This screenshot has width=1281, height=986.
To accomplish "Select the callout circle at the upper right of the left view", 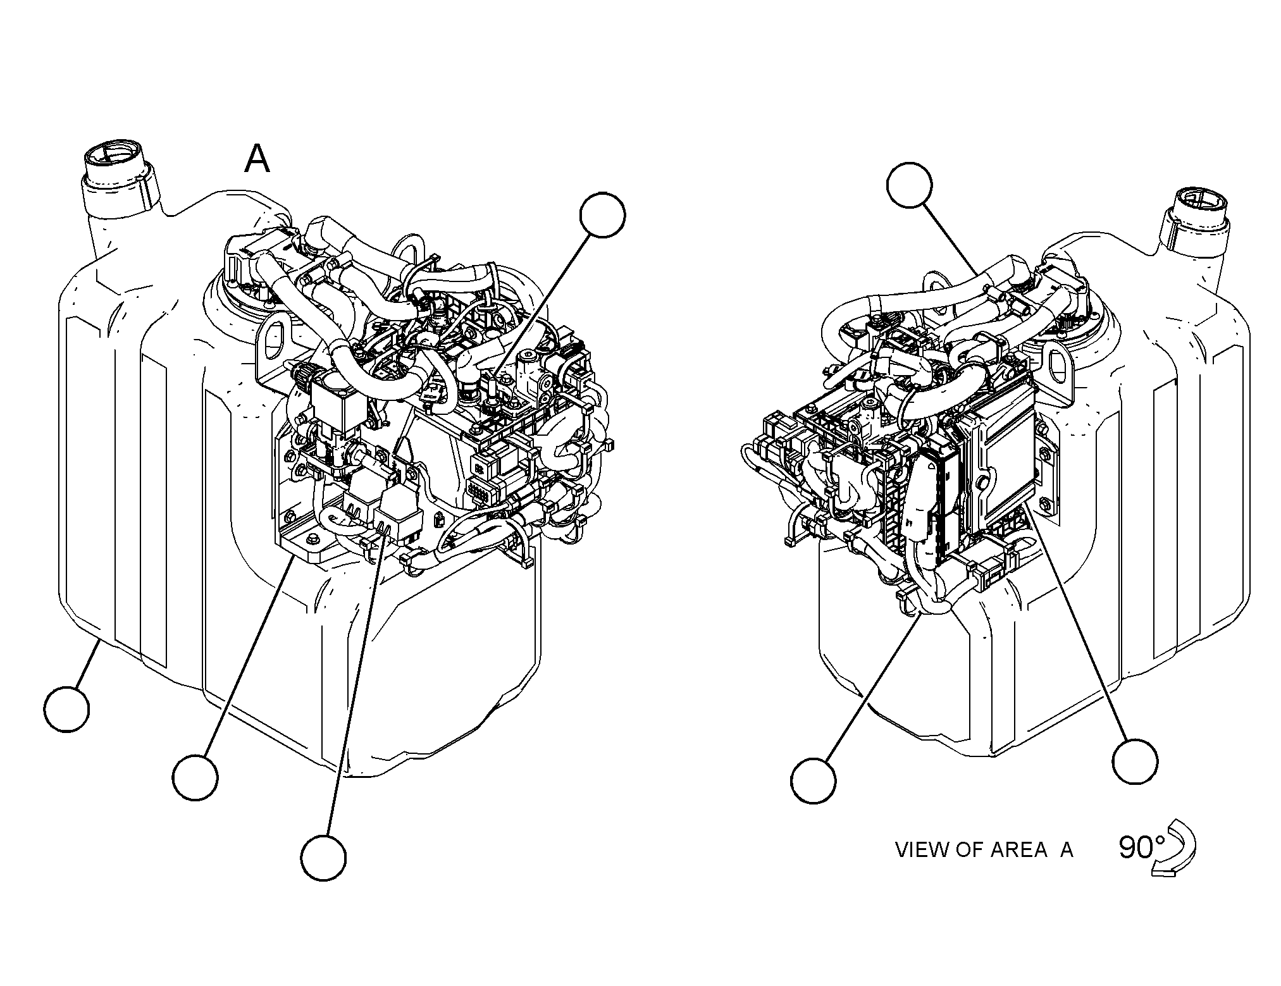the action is click(x=603, y=216).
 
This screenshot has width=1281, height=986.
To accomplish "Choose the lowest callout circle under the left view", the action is click(x=323, y=857).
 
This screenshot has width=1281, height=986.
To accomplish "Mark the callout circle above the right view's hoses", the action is click(x=910, y=185).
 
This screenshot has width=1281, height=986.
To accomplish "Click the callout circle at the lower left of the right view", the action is click(x=814, y=781).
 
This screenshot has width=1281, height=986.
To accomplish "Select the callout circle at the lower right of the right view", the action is click(x=1136, y=761).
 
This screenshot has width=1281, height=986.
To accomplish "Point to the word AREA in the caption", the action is click(x=1018, y=849).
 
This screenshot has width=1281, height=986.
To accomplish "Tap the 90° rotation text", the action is click(x=1142, y=847).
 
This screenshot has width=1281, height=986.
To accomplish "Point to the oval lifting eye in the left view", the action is click(x=273, y=340).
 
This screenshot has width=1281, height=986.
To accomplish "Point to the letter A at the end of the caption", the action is click(x=1067, y=849).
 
